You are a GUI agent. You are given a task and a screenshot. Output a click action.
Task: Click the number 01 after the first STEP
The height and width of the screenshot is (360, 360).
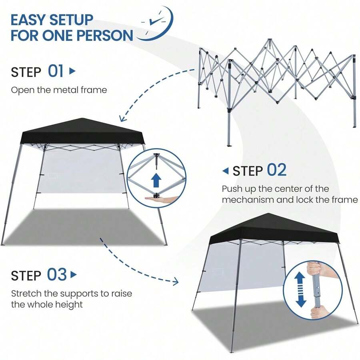click(56, 71)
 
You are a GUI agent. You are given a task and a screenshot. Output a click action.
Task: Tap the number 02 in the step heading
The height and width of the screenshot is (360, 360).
click(277, 170)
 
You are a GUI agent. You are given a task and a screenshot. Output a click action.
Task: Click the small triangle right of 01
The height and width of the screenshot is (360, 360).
click(72, 71)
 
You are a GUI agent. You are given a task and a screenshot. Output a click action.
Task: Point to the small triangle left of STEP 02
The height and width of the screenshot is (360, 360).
click(226, 171)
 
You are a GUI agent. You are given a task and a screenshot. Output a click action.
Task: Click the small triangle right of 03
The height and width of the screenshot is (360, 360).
click(73, 275)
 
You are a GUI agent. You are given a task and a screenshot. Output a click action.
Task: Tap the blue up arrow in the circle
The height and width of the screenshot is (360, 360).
click(156, 180)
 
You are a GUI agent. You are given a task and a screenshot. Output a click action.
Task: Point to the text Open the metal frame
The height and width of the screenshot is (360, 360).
click(59, 90)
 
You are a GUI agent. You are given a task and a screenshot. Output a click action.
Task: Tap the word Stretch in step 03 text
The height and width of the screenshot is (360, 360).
click(26, 294)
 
